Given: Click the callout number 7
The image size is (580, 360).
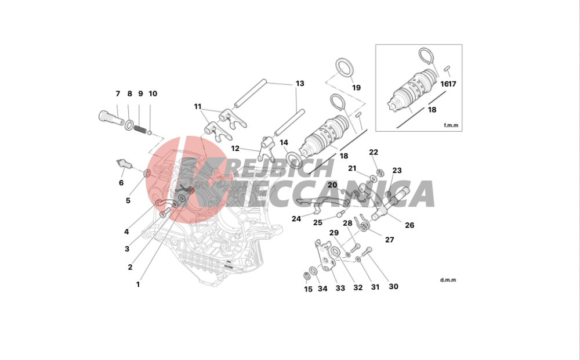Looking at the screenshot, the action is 118,93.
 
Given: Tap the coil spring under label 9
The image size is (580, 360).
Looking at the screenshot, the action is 140,129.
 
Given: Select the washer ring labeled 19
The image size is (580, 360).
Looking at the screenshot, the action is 345,68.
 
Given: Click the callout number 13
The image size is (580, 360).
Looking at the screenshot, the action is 300,84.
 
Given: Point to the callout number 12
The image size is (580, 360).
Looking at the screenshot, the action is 235,149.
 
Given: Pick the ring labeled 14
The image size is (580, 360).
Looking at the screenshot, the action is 293,159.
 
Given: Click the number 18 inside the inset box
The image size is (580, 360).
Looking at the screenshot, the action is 432,110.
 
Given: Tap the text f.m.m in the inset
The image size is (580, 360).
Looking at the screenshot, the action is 451,125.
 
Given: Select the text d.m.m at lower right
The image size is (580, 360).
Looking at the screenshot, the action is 448,280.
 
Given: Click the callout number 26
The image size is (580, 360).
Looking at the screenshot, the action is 409,225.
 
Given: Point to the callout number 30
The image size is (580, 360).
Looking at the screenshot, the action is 394,286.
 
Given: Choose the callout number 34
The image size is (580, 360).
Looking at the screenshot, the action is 322,289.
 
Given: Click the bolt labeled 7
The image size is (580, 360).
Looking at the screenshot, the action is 111,117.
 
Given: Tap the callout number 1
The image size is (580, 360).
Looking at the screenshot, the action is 138,285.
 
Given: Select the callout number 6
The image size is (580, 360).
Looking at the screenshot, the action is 121,182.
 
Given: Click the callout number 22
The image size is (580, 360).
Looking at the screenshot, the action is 374,152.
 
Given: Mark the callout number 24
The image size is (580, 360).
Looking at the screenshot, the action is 296,219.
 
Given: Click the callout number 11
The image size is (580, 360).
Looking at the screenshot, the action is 198,107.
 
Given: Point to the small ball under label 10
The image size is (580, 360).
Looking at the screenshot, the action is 150,132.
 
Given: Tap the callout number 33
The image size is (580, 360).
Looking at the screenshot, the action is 340,288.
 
